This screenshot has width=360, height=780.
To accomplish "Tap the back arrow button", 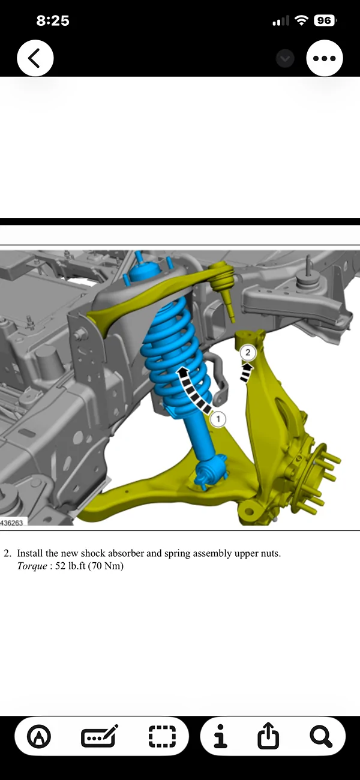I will (x=35, y=58).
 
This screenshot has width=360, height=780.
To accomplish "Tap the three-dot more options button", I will (x=324, y=58).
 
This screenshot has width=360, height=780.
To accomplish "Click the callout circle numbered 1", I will (x=218, y=418).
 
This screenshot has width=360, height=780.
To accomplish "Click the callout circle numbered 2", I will (x=248, y=353).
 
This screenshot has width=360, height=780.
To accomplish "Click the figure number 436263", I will (x=12, y=523).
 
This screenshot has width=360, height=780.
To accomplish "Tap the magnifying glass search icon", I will (x=320, y=736).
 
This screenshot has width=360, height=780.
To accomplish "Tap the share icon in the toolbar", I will (x=268, y=736).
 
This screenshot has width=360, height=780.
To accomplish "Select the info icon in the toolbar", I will (x=221, y=736).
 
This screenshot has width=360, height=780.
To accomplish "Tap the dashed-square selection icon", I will (x=162, y=736).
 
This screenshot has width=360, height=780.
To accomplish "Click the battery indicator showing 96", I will (x=323, y=20).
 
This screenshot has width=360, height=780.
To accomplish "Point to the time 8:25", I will (x=53, y=20).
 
